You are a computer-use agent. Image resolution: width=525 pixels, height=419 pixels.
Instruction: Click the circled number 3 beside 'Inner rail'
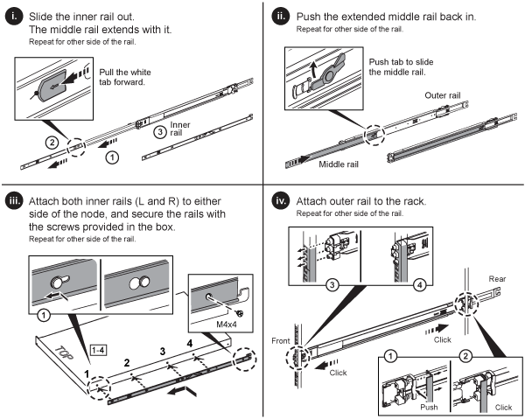click(x=158, y=133)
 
